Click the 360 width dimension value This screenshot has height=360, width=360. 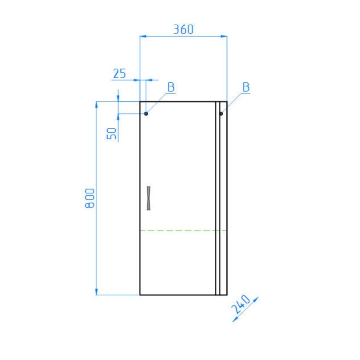(x=183, y=29)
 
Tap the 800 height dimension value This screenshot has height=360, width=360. (x=90, y=198)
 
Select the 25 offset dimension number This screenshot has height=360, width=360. (x=120, y=74)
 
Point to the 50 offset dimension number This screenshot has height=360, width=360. (x=112, y=134)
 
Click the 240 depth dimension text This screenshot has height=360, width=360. (x=241, y=304)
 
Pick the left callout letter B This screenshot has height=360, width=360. (x=171, y=87)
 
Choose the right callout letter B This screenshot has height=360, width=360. (x=246, y=87)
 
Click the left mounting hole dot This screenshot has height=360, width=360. (x=146, y=114)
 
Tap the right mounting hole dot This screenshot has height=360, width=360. (x=221, y=114)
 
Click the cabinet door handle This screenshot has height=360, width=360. (x=148, y=198)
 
